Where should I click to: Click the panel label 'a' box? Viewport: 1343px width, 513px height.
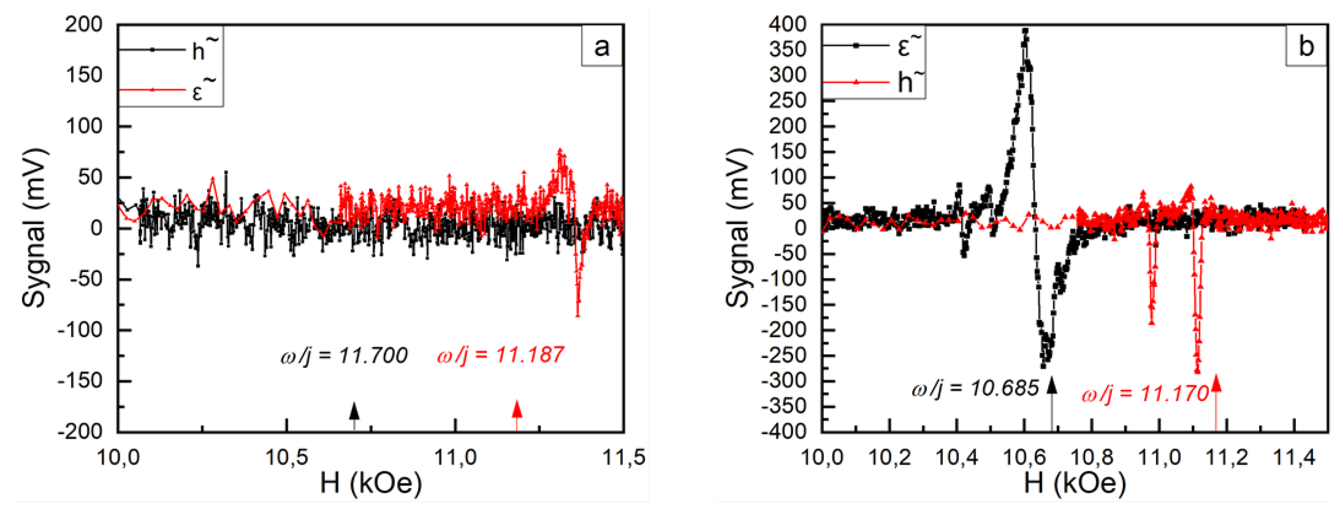tap(602, 47)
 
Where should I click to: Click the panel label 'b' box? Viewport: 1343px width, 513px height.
tap(1305, 47)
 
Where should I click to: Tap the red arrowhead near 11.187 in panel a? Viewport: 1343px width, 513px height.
tap(517, 409)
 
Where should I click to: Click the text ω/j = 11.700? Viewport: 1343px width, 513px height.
tap(344, 356)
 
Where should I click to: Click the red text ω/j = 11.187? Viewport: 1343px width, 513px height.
tap(500, 356)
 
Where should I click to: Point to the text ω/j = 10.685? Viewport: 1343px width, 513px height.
tap(975, 388)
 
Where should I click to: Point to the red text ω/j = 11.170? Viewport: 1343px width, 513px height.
tap(1145, 394)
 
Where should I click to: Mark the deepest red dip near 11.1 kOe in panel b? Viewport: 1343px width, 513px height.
tap(1198, 371)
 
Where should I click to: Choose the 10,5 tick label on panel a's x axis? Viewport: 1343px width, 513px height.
tap(286, 458)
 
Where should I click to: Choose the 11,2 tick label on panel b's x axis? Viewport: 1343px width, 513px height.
tap(1227, 458)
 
